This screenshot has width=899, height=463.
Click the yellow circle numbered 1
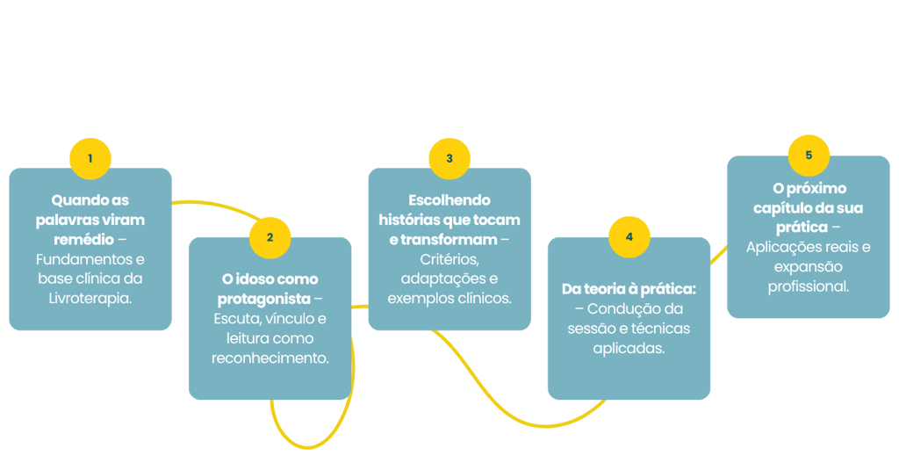[90, 159]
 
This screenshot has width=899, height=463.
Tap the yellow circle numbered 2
[270, 237]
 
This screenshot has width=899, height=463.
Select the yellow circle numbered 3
[449, 159]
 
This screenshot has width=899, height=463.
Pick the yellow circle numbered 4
[629, 237]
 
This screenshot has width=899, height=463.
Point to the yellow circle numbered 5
[809, 155]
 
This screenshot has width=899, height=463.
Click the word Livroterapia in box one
[90, 298]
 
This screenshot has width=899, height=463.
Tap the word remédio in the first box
[77, 239]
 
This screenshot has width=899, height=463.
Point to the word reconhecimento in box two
[270, 358]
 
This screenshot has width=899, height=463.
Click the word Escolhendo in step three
[449, 200]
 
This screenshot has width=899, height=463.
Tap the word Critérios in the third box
[449, 259]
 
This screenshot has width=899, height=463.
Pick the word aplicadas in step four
[629, 348]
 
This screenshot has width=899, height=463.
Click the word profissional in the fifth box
[809, 286]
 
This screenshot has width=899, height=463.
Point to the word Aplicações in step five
[786, 247]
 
